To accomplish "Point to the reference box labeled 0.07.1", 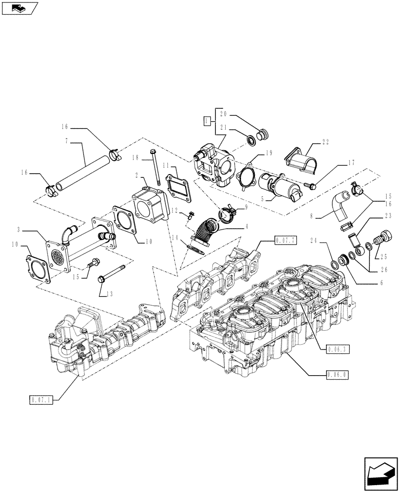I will click(x=40, y=398).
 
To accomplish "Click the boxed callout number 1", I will click(x=208, y=120).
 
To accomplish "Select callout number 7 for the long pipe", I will click(x=67, y=142).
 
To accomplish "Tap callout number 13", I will click(x=109, y=294).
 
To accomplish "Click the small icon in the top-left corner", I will click(x=19, y=8).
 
